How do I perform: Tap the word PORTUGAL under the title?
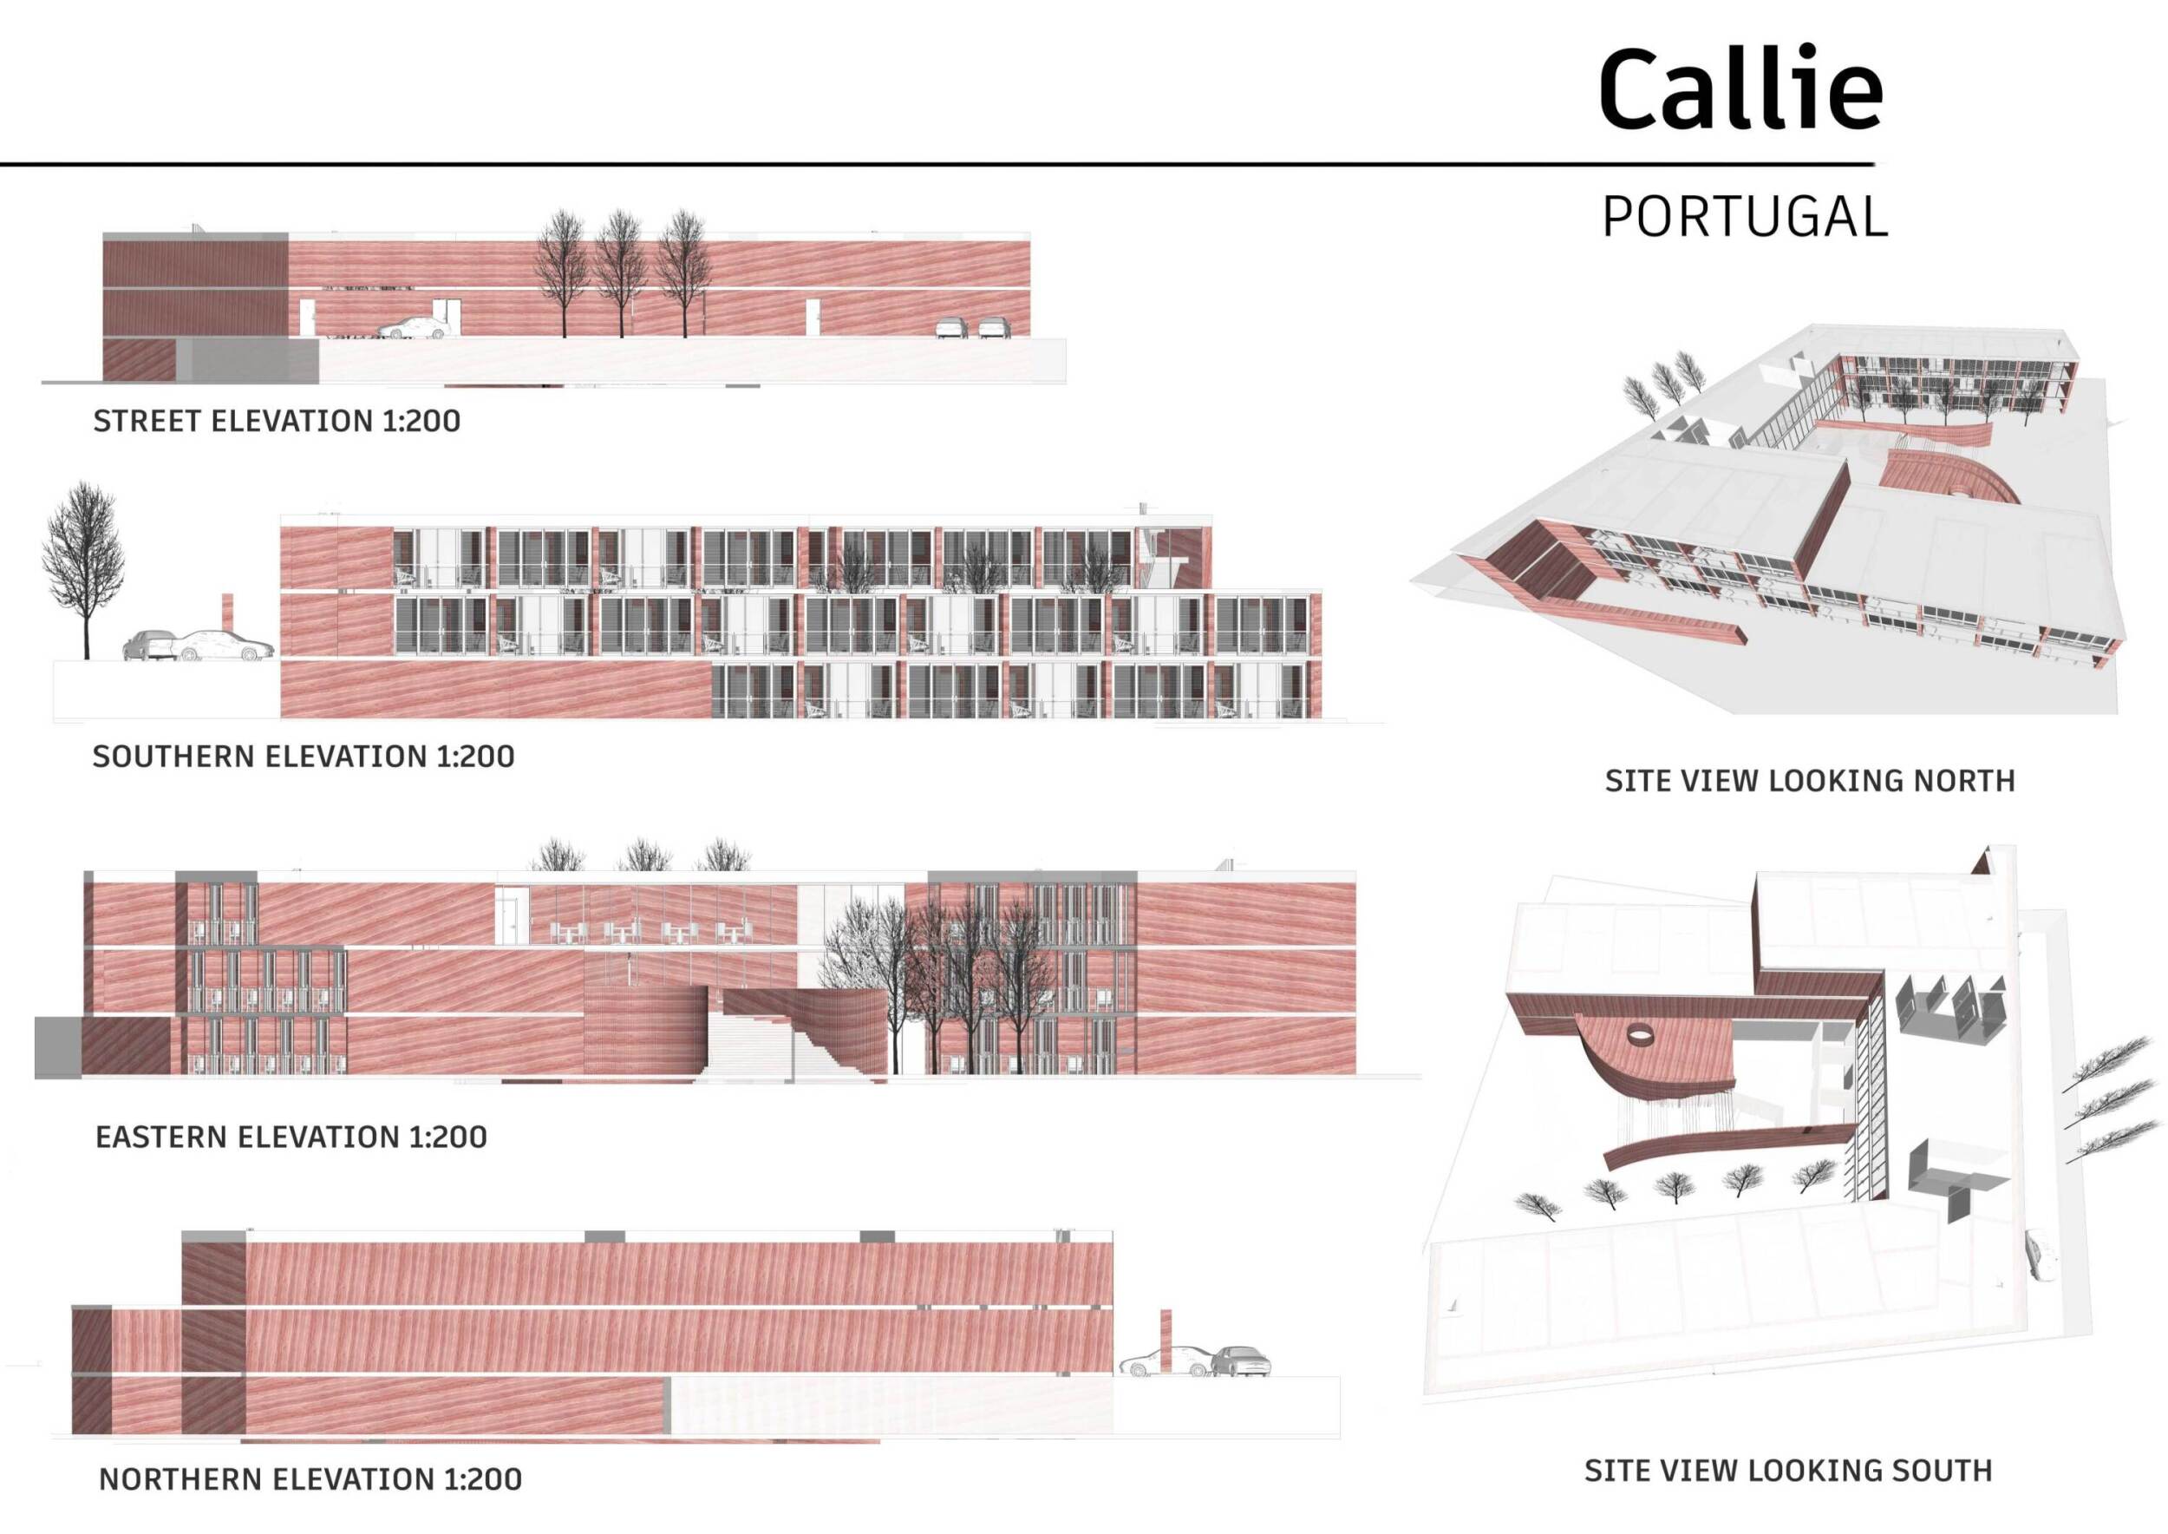point(1745,216)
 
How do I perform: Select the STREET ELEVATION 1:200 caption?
point(277,420)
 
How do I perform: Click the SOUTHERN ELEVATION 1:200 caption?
point(304,756)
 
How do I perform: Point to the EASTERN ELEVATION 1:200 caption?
point(291,1137)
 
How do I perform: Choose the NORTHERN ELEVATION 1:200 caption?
point(310,1478)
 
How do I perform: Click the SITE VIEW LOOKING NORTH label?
point(1810,780)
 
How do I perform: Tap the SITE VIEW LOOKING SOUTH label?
point(1788,1471)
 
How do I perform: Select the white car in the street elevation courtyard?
point(414,328)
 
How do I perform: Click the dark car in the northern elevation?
point(1240,1361)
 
